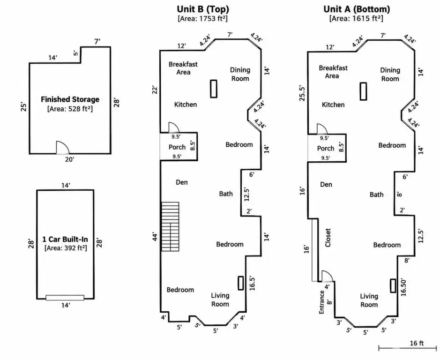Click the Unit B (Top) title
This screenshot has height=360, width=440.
point(203,9)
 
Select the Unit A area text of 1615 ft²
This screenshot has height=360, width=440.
point(356,19)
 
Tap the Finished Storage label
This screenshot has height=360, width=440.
point(70,99)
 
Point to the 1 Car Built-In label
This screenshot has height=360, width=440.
point(65,239)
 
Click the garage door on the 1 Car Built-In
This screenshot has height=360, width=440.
point(65,298)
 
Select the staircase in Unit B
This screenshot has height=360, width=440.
point(170,226)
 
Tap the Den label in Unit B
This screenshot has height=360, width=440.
point(181,182)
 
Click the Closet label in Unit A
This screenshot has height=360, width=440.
point(328,238)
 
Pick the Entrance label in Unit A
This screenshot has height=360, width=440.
point(321,302)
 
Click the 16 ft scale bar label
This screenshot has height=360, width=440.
point(417,343)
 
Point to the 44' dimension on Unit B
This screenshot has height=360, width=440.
point(155,236)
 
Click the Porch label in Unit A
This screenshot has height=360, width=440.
point(326,148)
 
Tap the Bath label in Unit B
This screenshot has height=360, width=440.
point(226,194)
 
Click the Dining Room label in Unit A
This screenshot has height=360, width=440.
point(390,75)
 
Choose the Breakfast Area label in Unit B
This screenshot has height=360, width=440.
point(183,68)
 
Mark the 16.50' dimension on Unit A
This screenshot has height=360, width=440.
point(403,287)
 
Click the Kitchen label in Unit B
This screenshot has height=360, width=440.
point(186,105)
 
